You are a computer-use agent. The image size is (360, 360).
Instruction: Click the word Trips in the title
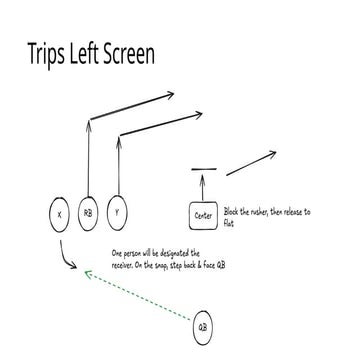[46, 55]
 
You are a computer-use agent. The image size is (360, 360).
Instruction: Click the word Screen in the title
[129, 54]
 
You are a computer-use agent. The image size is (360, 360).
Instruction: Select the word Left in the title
[84, 54]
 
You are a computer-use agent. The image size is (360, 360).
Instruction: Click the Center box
[203, 216]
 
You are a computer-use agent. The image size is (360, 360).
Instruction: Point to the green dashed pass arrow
[138, 296]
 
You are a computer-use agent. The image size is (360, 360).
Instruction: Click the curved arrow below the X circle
[63, 257]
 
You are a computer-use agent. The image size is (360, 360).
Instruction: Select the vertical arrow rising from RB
[88, 158]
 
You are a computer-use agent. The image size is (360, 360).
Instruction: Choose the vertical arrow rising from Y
[118, 166]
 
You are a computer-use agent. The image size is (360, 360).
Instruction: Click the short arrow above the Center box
[203, 187]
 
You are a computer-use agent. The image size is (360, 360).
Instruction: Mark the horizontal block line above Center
[204, 169]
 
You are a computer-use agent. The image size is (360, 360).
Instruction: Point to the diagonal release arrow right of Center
[251, 163]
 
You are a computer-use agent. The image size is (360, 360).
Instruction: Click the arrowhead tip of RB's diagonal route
[174, 94]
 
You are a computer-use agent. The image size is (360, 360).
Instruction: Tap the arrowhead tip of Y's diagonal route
[202, 114]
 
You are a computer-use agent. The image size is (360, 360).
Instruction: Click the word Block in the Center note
[232, 212]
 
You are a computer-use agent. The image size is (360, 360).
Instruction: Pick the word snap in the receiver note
[166, 266]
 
